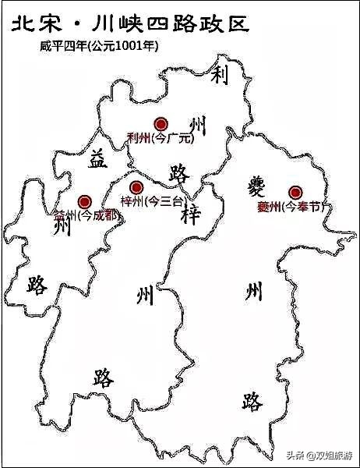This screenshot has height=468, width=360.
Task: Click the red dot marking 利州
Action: tap(161, 123)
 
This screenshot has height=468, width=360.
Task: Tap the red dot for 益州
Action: tap(85, 201)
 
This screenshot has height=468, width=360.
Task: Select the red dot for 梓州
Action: tap(136, 187)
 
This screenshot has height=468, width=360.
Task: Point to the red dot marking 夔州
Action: tap(295, 192)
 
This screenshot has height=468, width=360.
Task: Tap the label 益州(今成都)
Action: tap(85, 216)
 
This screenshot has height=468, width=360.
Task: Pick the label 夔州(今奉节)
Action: tap(293, 207)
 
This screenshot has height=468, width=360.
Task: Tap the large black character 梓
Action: tap(192, 216)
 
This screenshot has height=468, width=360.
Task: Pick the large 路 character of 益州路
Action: tap(37, 285)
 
